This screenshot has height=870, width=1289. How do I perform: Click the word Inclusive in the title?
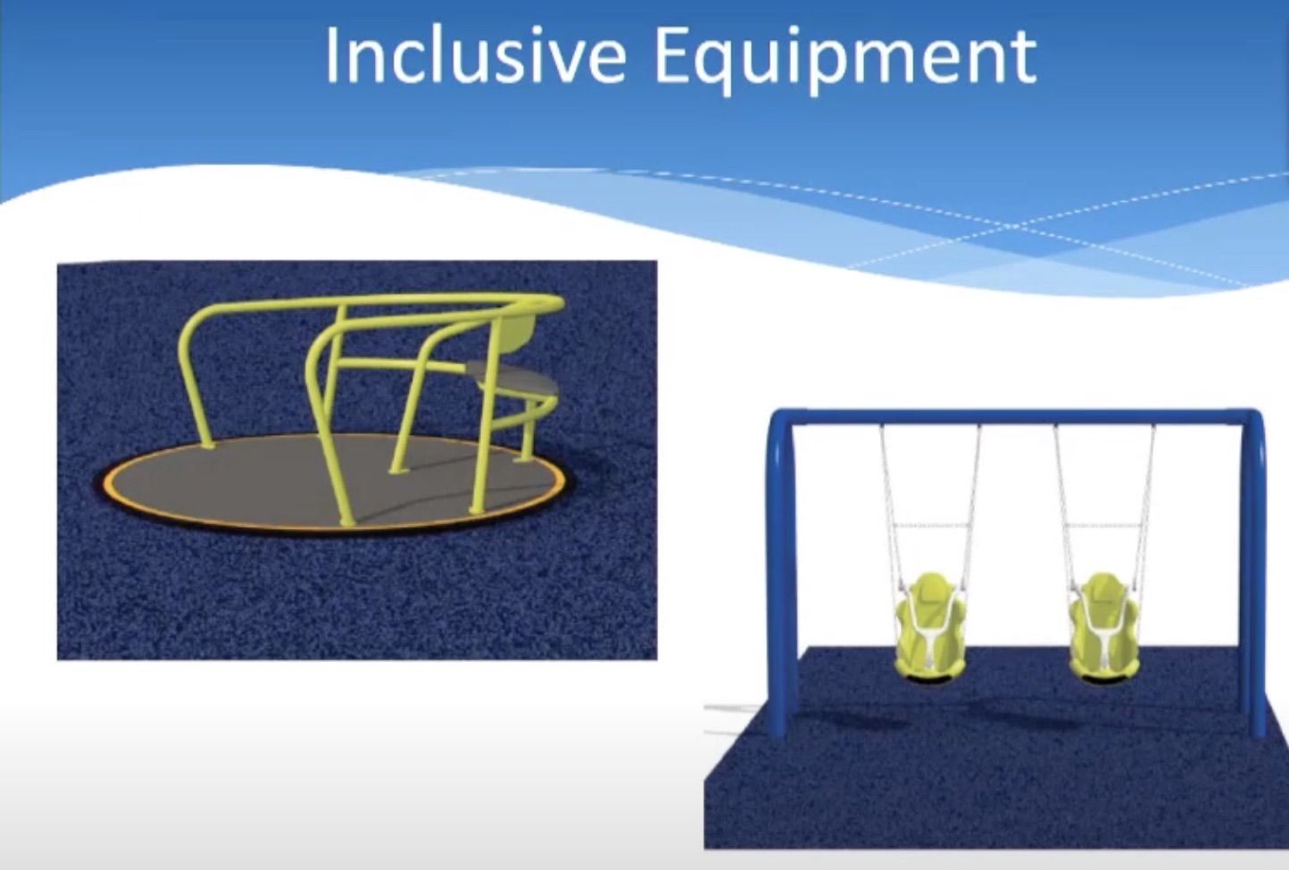475,56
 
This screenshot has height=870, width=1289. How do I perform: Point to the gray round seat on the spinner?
512,380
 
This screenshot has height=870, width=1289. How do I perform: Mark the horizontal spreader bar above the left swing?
929,526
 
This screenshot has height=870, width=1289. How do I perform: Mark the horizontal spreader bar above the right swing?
1103,526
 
